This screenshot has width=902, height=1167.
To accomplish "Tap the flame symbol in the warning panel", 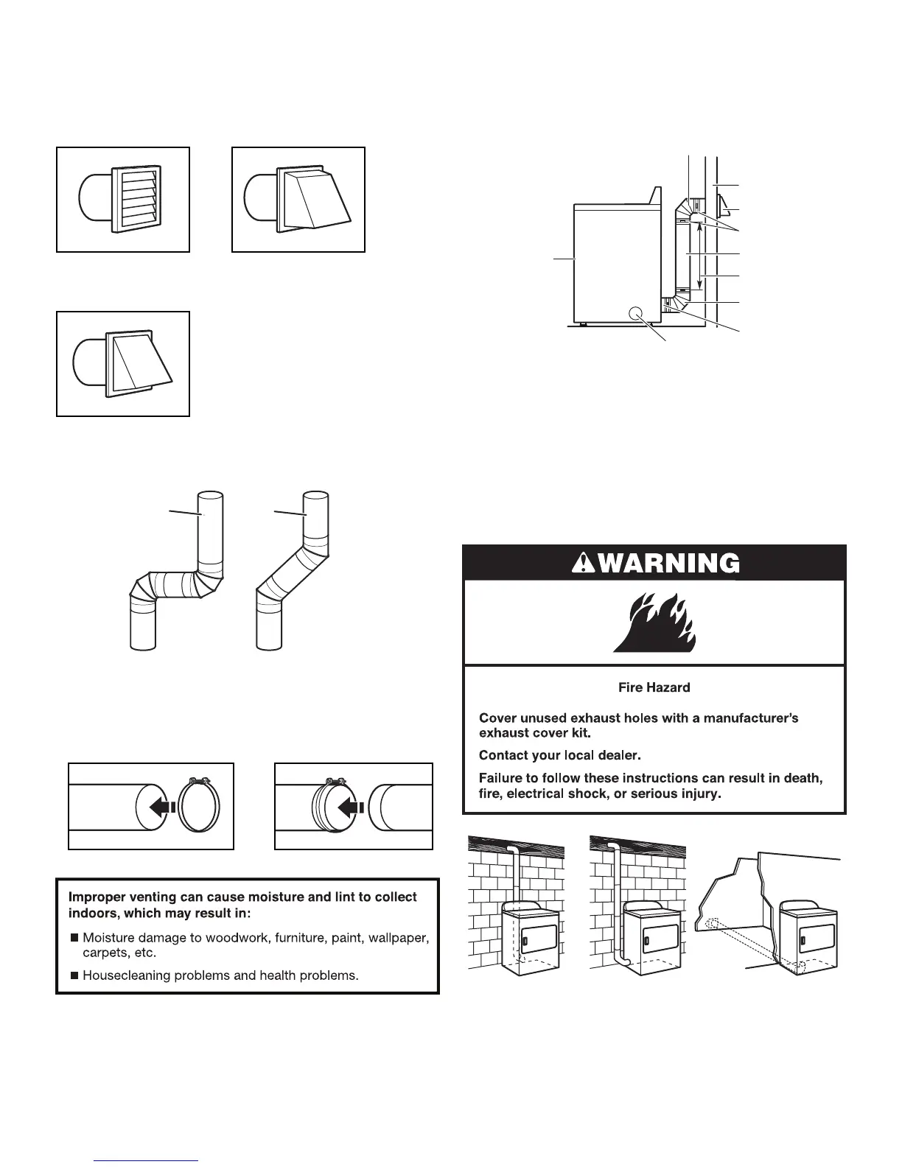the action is pos(655,623).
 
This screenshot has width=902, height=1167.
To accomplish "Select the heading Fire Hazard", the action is pos(654,687).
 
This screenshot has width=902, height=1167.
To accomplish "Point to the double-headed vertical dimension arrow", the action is pos(699,259).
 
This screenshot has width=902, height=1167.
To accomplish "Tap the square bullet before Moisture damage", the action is pos(74,938).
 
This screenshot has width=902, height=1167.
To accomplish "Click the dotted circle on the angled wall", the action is pos(713,923).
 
